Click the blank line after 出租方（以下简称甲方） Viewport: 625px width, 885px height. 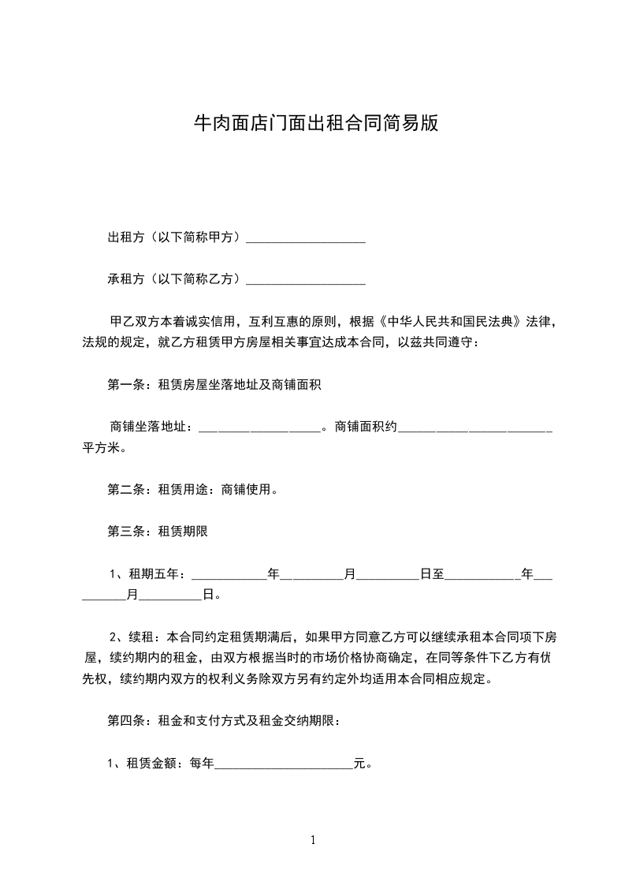306,238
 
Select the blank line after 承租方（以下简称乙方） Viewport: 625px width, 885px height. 306,279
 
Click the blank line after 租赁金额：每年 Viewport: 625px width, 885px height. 284,763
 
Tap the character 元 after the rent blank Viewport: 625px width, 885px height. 359,763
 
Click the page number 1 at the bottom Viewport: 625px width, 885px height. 313,840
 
